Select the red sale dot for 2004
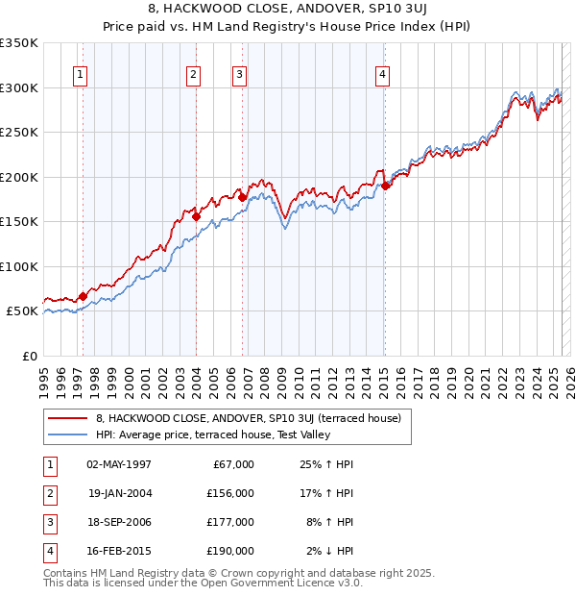196,217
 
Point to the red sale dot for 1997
83,296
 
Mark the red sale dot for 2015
385,186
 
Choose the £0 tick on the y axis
30,356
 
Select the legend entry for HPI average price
212,435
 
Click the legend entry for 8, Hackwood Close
253,418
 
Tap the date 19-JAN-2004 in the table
119,493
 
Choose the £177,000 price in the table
229,522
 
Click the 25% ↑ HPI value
328,464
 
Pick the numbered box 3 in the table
48,522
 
